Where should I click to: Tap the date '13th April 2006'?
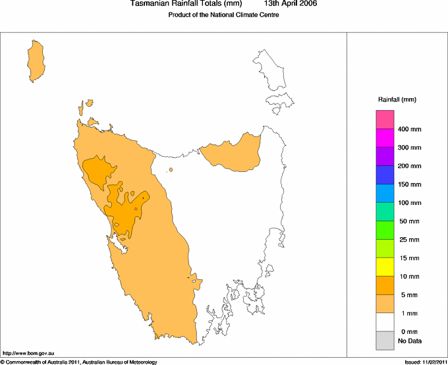coord(292,4)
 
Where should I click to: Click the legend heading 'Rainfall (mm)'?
coord(397,99)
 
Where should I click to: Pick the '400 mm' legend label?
coord(409,129)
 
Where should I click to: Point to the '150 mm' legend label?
coord(409,184)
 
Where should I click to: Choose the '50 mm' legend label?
coord(408,221)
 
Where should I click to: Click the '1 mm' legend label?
coord(406,313)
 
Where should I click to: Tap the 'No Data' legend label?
coord(410,341)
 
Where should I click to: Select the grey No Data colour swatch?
coord(385,340)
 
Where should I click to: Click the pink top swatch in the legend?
coord(385,120)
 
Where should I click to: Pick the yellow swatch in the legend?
coord(385,267)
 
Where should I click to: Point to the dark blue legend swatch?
coord(385,175)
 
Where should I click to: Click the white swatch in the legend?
coord(385,322)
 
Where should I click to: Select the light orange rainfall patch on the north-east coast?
coord(231,154)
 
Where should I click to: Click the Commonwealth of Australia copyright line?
coord(79,362)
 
